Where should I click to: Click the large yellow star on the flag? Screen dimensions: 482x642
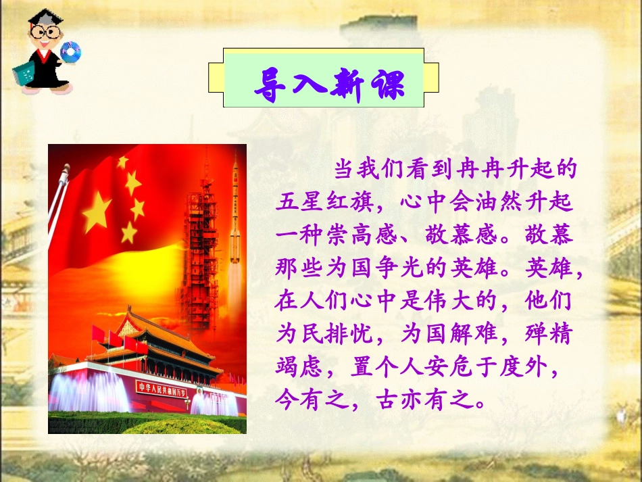point(97,210)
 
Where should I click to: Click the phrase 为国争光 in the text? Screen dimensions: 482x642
point(396,268)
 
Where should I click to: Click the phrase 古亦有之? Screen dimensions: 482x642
point(420,400)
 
